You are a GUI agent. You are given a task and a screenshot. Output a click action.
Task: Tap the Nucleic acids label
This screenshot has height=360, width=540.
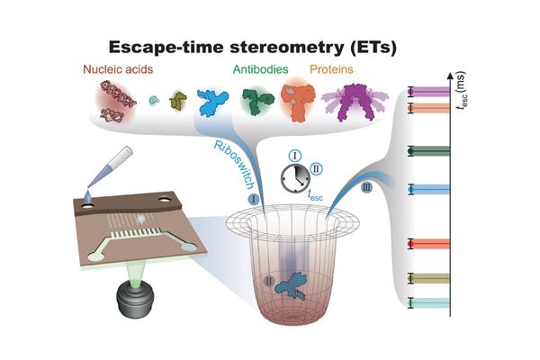(x=118, y=69)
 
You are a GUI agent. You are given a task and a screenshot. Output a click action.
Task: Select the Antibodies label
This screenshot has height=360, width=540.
(x=260, y=69)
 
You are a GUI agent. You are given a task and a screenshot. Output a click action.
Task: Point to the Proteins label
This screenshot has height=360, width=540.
(x=331, y=69)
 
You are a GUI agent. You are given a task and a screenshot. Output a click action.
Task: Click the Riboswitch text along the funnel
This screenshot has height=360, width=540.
(x=234, y=165)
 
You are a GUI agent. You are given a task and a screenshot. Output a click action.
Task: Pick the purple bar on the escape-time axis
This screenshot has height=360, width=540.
(x=431, y=92)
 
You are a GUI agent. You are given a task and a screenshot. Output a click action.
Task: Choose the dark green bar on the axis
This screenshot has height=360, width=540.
(x=431, y=151)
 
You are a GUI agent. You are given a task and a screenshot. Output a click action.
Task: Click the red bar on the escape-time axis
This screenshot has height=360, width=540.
(x=431, y=244)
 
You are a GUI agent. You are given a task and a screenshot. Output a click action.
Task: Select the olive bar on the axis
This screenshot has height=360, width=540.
(x=431, y=278)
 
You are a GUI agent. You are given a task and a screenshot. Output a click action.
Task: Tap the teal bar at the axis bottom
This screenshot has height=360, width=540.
(x=431, y=303)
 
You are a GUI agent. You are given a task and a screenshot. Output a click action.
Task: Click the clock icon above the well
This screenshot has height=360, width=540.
(x=295, y=178)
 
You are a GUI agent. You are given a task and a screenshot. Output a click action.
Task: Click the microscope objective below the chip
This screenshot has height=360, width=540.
(x=135, y=299)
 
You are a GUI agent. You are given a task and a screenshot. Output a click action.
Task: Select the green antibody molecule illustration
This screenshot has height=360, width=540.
(x=258, y=101)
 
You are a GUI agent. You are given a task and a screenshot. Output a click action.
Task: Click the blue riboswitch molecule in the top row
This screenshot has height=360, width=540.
(x=212, y=101)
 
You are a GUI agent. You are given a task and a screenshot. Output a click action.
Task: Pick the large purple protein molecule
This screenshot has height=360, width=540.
(x=355, y=102)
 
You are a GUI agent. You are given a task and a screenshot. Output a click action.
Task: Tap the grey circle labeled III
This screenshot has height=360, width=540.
(x=367, y=188)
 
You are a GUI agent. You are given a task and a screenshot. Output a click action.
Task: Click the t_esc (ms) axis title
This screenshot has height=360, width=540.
(x=461, y=91)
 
